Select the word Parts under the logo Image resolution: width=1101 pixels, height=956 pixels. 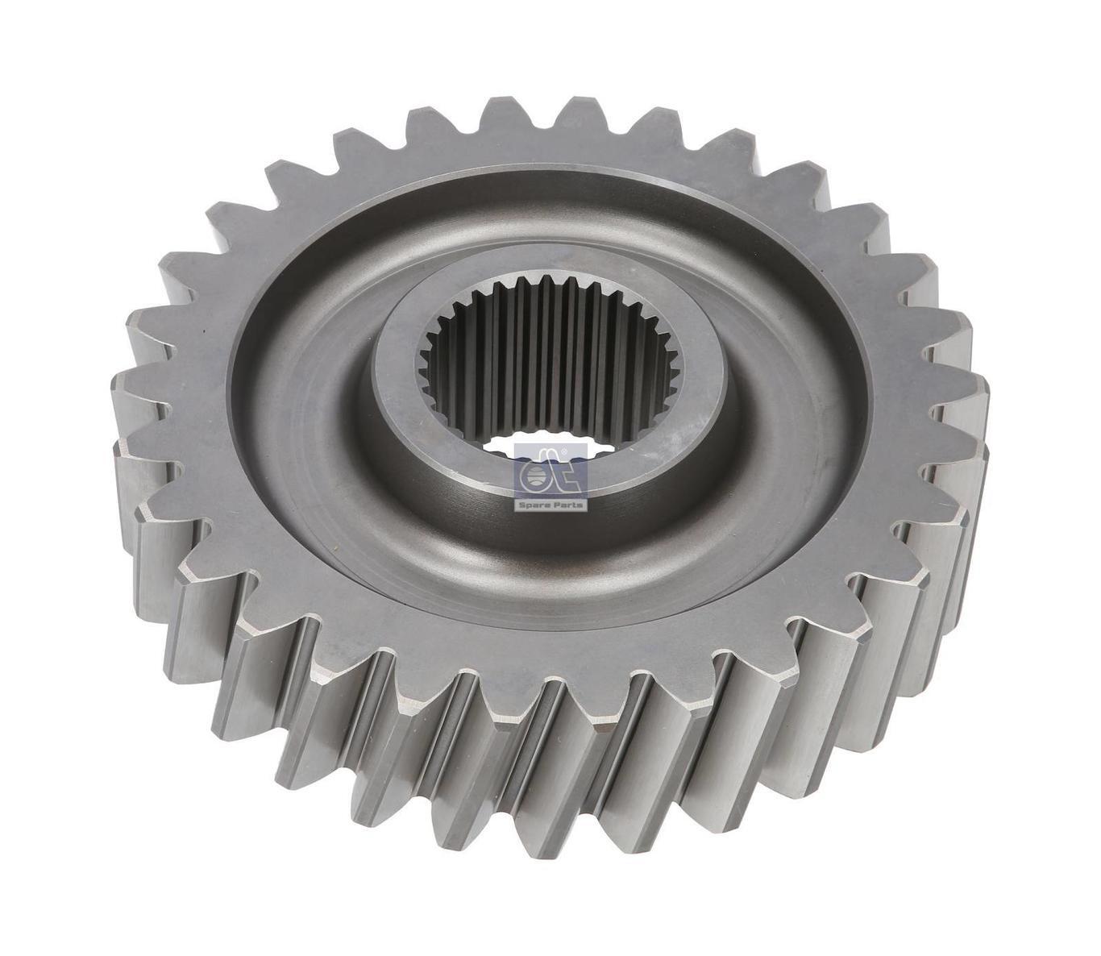click(567, 505)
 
